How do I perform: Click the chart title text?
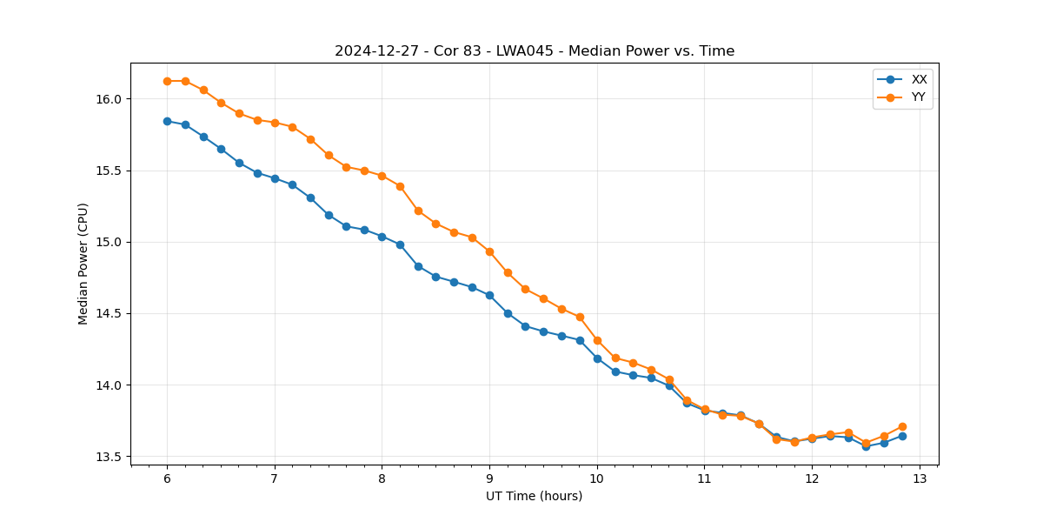[535, 51]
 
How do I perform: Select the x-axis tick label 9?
[489, 479]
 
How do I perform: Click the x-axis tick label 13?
[920, 479]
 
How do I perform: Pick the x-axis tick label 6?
[167, 479]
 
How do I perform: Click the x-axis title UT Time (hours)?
[534, 497]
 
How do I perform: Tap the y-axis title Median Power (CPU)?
[83, 264]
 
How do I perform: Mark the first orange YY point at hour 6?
[167, 81]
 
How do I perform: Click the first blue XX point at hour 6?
[167, 121]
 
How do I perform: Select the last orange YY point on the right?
[902, 426]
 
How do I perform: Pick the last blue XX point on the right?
[902, 436]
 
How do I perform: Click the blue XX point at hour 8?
[382, 237]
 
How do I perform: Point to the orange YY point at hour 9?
[489, 251]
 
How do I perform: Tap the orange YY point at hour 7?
[275, 123]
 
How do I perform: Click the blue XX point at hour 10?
[597, 358]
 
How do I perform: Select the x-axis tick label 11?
[704, 479]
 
